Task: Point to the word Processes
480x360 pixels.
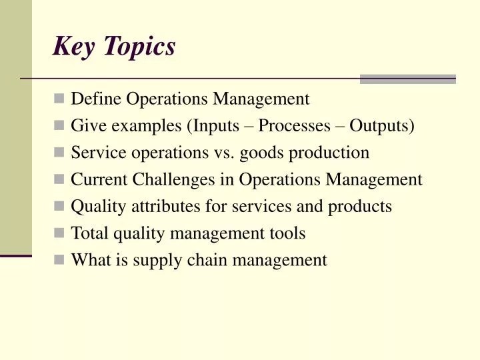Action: click(294, 126)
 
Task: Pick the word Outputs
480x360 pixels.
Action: click(381, 126)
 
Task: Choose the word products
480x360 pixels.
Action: click(360, 207)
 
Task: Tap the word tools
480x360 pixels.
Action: click(288, 233)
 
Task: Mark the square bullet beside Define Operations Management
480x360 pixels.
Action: click(59, 99)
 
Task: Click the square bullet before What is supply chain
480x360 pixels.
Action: click(59, 260)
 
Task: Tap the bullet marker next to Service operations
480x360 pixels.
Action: click(59, 153)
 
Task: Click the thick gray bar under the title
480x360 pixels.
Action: click(407, 79)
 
